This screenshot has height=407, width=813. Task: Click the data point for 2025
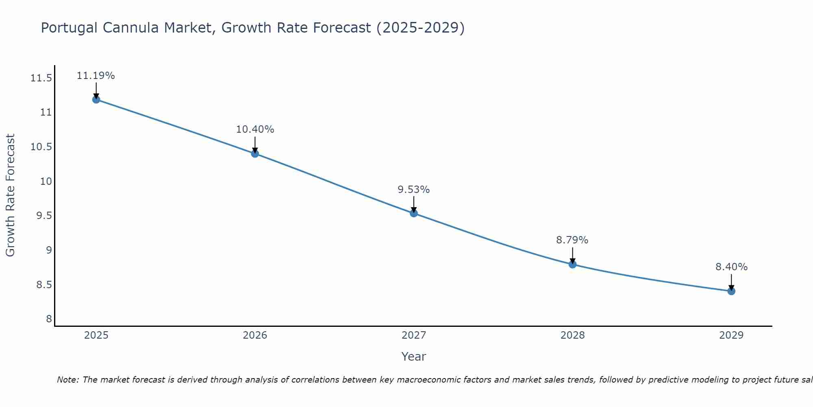click(96, 99)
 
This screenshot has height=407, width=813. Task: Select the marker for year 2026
click(255, 153)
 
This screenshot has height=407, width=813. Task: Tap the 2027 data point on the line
click(414, 213)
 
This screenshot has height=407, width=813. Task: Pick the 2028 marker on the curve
click(572, 264)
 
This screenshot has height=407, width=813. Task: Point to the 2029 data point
click(731, 291)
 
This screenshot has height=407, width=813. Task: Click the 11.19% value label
click(96, 76)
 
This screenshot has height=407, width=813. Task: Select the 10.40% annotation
click(255, 129)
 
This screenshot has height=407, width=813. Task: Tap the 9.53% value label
click(414, 190)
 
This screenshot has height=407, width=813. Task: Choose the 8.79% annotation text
click(572, 240)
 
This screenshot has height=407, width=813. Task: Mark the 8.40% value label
click(731, 267)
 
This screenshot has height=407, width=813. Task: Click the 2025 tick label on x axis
click(96, 335)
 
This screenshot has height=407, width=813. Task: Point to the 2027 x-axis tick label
click(414, 335)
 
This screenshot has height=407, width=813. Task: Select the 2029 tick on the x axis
click(731, 335)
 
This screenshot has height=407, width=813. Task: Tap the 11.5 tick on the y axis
click(41, 78)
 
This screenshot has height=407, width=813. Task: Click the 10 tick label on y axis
click(46, 181)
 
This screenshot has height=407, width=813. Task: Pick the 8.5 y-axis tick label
click(44, 284)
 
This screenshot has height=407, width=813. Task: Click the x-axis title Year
click(414, 357)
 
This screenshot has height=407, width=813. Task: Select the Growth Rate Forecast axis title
click(10, 195)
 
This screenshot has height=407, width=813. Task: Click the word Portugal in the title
click(69, 28)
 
